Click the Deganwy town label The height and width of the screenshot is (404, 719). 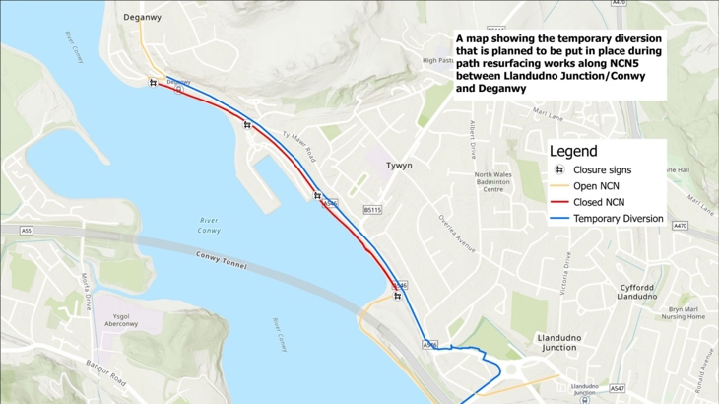coord(143,17)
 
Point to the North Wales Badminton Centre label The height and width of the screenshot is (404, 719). coord(493,182)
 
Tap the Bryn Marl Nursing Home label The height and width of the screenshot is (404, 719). coord(684,312)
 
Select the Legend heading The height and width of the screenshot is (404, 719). coord(572,152)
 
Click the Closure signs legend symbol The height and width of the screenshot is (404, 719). coord(559,170)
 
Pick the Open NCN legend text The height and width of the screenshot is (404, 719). coord(600,186)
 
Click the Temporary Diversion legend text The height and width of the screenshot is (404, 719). coord(619,218)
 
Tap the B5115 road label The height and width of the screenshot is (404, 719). coord(371,209)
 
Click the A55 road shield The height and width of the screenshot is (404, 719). coord(26,230)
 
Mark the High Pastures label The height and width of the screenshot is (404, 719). coord(438,60)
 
